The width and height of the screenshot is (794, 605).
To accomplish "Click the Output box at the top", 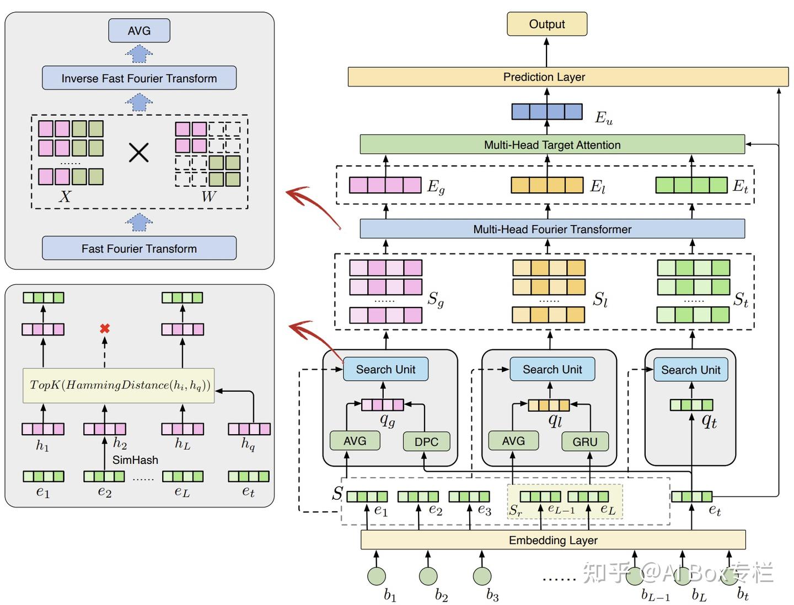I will click(x=546, y=24).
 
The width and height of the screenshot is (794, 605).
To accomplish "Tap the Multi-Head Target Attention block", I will click(x=552, y=145).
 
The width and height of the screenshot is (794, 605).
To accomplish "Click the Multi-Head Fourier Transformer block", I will click(x=552, y=229).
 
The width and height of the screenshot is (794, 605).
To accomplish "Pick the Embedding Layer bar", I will click(x=553, y=540).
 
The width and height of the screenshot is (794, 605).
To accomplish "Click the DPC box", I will click(x=426, y=442).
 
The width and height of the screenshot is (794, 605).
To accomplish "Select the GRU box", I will click(x=585, y=442).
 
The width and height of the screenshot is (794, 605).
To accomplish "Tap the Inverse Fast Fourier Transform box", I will click(x=139, y=78).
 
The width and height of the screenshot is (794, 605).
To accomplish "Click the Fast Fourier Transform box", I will click(x=139, y=249).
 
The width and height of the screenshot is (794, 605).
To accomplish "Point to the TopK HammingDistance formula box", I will click(x=119, y=385).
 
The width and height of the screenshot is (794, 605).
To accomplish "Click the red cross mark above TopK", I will click(x=105, y=328).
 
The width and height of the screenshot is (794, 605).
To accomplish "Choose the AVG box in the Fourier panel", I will click(x=139, y=31).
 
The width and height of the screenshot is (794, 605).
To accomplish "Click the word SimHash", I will click(x=135, y=460).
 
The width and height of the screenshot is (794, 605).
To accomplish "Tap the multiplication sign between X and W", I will click(x=138, y=152).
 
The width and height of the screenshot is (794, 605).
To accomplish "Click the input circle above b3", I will click(x=482, y=576).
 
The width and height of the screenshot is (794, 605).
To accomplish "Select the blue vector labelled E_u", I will click(x=546, y=112).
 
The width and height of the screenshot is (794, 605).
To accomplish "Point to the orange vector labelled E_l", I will click(x=546, y=185).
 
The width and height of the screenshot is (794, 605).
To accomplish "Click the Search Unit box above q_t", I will click(x=690, y=370).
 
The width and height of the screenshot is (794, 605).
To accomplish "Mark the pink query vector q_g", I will click(x=382, y=405).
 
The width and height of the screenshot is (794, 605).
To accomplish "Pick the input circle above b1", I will click(x=377, y=576).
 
